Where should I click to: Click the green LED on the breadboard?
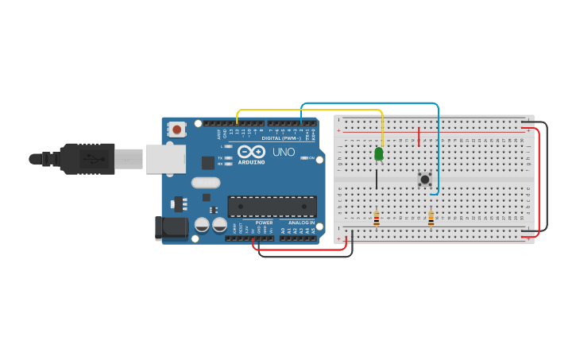(x=379, y=153)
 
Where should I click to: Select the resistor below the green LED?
(x=377, y=218)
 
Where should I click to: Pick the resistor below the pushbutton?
(x=431, y=218)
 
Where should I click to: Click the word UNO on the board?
(x=284, y=152)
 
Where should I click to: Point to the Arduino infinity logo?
(x=251, y=151)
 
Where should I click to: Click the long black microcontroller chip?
(x=272, y=207)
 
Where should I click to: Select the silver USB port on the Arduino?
(x=164, y=159)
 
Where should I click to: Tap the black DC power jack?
(x=171, y=228)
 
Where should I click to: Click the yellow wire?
(x=310, y=110)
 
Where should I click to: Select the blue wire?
(x=369, y=103)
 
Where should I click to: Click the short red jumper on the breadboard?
(x=419, y=137)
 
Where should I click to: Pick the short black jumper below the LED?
(x=377, y=179)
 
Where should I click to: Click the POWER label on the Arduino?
(x=264, y=223)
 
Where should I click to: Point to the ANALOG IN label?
(x=301, y=223)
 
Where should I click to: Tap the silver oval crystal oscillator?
(x=205, y=182)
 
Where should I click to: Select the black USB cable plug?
(x=87, y=158)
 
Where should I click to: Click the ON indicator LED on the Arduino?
(x=303, y=157)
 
